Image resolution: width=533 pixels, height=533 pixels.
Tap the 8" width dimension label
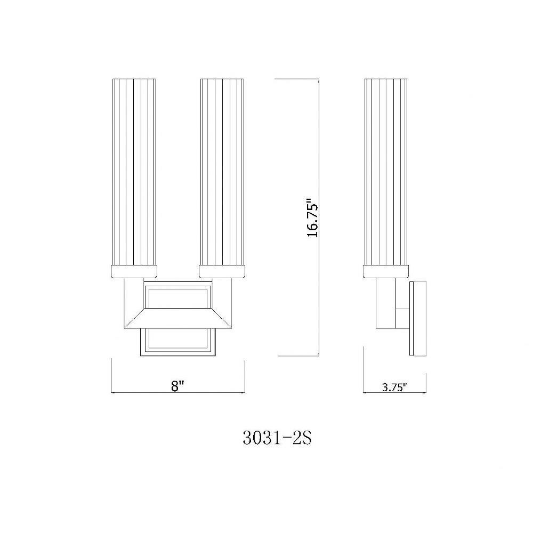click(x=177, y=386)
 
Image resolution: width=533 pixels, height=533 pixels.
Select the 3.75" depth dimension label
click(x=394, y=387)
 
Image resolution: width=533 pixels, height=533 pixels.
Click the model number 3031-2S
click(x=277, y=438)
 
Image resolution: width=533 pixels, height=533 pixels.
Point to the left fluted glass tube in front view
click(x=134, y=172)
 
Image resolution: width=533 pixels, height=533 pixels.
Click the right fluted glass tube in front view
click(x=222, y=172)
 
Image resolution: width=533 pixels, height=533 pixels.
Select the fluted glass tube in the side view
click(x=385, y=172)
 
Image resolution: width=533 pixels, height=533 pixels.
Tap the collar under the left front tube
click(x=134, y=272)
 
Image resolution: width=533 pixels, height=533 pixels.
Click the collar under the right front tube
click(x=222, y=272)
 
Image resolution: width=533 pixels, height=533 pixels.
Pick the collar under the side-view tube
click(x=385, y=272)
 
